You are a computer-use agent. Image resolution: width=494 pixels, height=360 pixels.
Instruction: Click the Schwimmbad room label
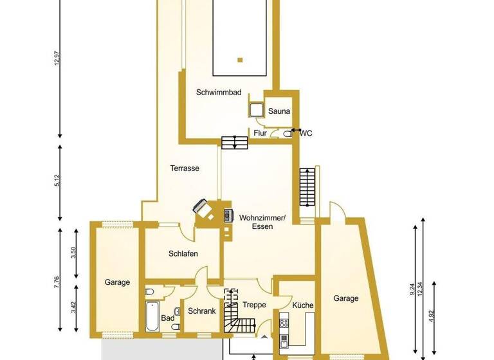pos(219,93)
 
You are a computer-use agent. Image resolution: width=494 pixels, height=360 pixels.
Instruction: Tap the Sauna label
pos(279,111)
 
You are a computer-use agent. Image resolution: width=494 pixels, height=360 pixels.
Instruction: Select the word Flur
pos(260,134)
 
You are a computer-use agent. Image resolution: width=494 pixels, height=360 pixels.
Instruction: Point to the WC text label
pos(306,134)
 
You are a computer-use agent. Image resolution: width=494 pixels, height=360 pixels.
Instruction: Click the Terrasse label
pos(185,168)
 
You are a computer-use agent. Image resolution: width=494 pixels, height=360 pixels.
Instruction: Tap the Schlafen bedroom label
pos(183,253)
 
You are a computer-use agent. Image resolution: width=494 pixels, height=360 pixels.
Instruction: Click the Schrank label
pos(201,311)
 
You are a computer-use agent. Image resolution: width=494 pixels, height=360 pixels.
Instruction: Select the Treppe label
pos(254,305)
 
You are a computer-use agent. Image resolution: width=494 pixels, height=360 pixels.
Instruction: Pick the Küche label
pos(302,305)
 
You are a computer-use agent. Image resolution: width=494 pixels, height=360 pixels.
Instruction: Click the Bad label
pos(168,318)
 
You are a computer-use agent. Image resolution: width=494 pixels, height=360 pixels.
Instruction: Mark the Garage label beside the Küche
pos(346,298)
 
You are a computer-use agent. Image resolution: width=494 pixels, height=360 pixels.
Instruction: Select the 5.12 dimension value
pos(57,181)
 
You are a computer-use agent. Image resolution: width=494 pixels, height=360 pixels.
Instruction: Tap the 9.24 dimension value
pos(412,289)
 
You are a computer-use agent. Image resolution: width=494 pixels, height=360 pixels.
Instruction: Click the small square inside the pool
pos(239,60)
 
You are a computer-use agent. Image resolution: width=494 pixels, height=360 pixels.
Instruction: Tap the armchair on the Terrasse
pos(203,208)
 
